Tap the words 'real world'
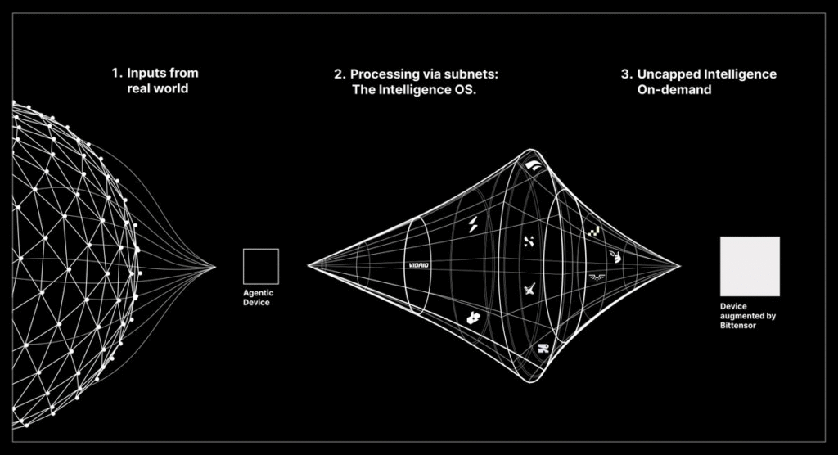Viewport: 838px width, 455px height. [x=157, y=88]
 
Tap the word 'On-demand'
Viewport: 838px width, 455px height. [x=674, y=90]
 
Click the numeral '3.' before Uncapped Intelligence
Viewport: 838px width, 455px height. [x=627, y=74]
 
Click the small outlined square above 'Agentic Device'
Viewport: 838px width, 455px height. [x=261, y=249]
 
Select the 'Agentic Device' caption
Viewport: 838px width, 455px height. [x=258, y=297]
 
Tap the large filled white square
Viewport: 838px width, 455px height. [x=750, y=266]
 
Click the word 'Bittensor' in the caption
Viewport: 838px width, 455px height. [x=738, y=325]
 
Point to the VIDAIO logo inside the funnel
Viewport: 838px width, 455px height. [x=418, y=265]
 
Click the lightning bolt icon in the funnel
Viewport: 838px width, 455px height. [x=473, y=224]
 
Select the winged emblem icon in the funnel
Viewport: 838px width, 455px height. [x=596, y=277]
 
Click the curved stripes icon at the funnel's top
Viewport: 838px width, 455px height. [x=533, y=166]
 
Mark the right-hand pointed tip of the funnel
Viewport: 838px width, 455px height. [x=680, y=266]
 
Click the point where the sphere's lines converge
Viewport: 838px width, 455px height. [x=215, y=267]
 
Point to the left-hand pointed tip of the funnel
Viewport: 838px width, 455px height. [x=309, y=265]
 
